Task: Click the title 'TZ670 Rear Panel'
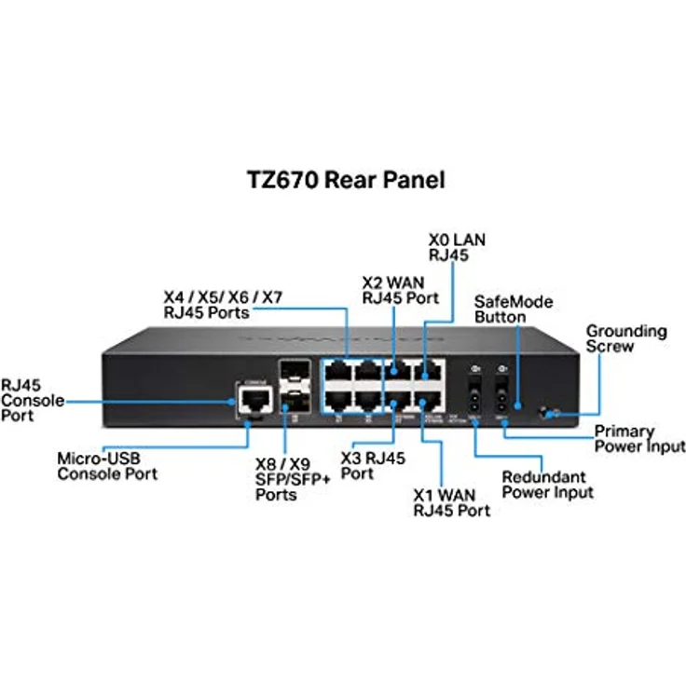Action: (x=342, y=179)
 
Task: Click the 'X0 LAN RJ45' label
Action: (x=457, y=247)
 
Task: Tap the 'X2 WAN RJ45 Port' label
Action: (x=400, y=289)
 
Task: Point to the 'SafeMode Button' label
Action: (x=514, y=309)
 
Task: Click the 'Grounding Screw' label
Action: (x=625, y=338)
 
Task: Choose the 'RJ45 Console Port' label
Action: (x=33, y=401)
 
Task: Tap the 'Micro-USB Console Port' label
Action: (x=107, y=466)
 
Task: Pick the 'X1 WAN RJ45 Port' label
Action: (x=451, y=502)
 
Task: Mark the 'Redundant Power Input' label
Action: (x=547, y=485)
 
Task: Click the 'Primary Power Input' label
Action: (x=638, y=439)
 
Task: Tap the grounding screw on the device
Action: (x=553, y=411)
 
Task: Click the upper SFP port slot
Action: (x=295, y=377)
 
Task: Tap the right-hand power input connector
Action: (x=501, y=403)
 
